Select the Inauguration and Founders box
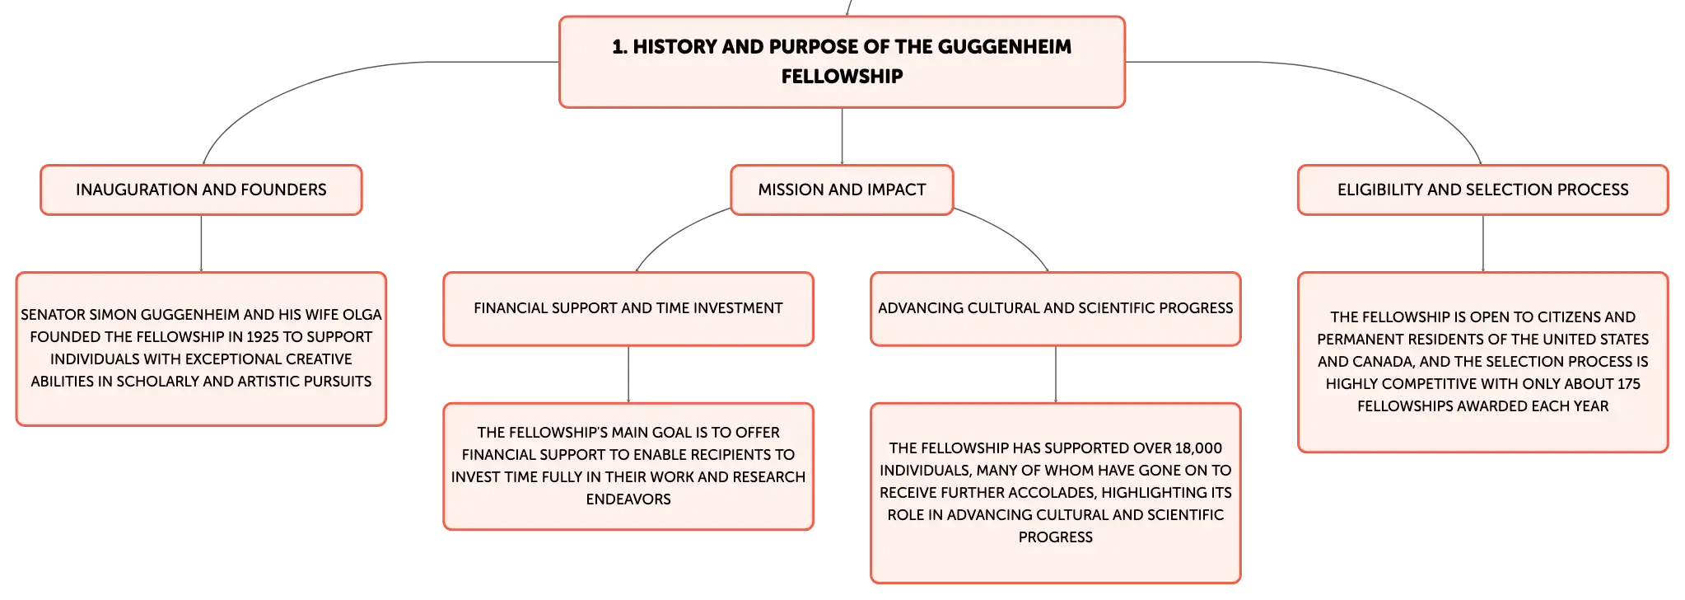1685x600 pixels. (x=201, y=190)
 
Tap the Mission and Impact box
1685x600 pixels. (x=842, y=190)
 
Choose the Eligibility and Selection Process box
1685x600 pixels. (x=1482, y=190)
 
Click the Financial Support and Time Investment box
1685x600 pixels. (x=628, y=308)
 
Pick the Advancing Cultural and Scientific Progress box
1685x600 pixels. (x=1056, y=308)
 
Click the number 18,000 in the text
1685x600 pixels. (x=1199, y=448)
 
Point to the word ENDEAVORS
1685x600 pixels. (x=628, y=499)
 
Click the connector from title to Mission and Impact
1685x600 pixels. (x=842, y=136)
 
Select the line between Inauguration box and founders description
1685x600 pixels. (x=201, y=243)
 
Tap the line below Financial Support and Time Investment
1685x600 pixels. (x=628, y=374)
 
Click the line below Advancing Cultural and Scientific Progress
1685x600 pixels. (x=1056, y=374)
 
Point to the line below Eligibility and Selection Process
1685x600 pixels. (x=1482, y=243)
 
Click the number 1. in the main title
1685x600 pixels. (x=619, y=47)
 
